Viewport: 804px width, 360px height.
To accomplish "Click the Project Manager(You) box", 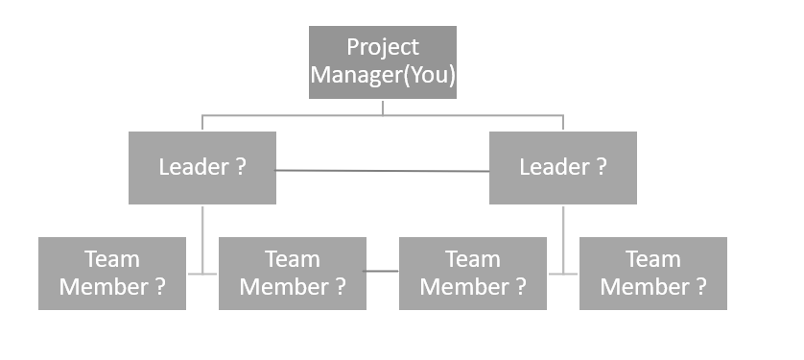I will point(382,62).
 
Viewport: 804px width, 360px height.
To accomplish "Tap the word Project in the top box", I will point(382,47).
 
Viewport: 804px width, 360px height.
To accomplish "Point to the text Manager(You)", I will point(382,76).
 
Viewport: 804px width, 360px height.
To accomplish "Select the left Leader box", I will point(202,168).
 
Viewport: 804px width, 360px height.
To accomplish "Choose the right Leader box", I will point(562,168).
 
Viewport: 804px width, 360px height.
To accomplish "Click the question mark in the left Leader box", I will point(241,167).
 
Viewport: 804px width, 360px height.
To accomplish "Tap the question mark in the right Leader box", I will point(601,167).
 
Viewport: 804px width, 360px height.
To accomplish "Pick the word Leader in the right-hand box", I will point(553,167).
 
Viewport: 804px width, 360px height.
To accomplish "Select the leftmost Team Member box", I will point(112,274).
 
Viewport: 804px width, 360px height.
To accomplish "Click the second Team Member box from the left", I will point(293,274).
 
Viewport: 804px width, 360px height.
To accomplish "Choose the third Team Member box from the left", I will point(473,274).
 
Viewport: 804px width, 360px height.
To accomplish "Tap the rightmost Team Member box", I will point(652,274).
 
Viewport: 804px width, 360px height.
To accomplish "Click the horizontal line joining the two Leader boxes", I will point(382,171).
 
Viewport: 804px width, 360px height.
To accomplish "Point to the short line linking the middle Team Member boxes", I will point(382,273).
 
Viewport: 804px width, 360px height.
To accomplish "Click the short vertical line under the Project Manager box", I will point(382,107).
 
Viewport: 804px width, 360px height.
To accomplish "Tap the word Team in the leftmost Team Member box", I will point(112,259).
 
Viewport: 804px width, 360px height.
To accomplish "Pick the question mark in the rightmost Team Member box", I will point(700,287).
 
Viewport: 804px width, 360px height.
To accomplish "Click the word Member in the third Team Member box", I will point(462,287).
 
